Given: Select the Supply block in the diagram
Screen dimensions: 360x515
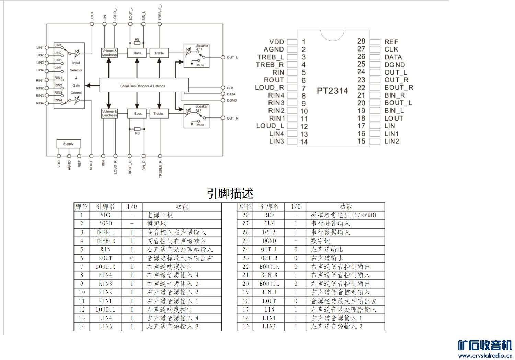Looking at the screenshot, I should click(x=68, y=144).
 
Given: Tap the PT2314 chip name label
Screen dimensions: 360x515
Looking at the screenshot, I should click(x=332, y=91).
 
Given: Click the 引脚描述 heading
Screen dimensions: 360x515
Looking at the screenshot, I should click(x=230, y=193).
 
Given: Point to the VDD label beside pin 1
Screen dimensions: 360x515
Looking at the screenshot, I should click(x=276, y=42).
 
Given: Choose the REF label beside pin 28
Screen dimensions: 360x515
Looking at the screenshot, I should click(x=391, y=42).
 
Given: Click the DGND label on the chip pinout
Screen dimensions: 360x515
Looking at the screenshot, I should click(x=394, y=65).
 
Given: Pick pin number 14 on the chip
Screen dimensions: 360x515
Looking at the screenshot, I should click(x=304, y=142).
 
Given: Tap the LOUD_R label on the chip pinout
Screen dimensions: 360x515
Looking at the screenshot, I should click(x=270, y=88).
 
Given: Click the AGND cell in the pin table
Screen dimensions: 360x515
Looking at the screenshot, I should click(x=105, y=224).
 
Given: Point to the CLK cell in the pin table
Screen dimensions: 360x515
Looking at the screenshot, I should click(x=269, y=224).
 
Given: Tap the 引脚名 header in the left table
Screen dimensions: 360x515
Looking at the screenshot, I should click(x=105, y=206).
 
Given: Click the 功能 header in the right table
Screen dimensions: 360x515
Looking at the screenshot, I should click(x=345, y=206).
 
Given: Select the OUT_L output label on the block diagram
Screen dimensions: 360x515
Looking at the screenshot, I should click(x=232, y=57).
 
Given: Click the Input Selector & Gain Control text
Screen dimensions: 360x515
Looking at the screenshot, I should click(x=76, y=78).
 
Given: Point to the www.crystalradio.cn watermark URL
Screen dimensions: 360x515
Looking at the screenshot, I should click(x=485, y=356).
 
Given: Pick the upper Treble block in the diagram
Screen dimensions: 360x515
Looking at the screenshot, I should click(x=159, y=53).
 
